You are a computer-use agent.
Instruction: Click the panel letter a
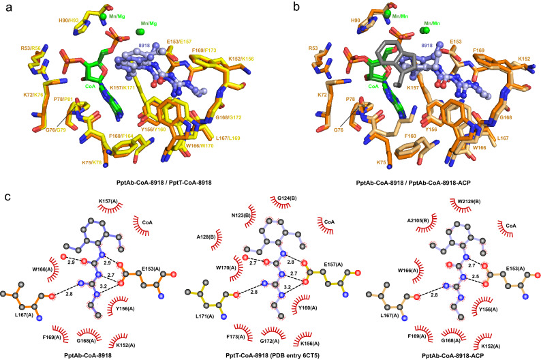(x=5, y=6)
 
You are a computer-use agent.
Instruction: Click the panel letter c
(x=5, y=198)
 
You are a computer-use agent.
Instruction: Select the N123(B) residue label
(x=249, y=215)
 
